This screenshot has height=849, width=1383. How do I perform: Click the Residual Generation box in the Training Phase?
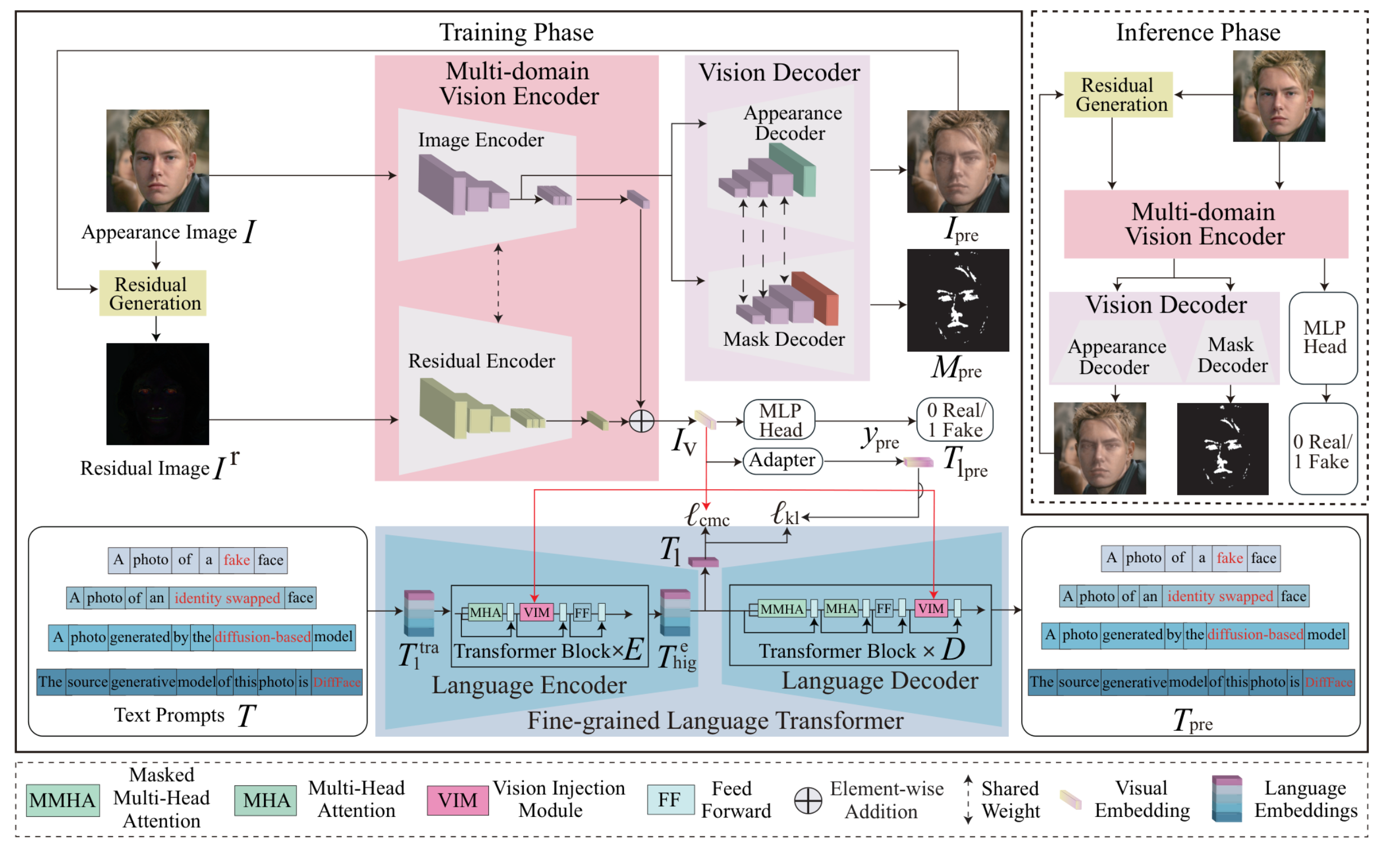pos(152,293)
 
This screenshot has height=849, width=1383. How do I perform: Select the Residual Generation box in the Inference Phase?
pos(1118,94)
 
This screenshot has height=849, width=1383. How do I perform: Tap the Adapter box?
pos(782,460)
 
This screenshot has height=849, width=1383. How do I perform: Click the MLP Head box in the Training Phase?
pos(779,420)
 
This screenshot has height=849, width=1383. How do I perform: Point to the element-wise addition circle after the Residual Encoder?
pos(641,421)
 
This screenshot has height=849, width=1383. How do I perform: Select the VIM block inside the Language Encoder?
pos(536,612)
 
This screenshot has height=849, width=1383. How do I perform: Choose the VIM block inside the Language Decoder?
pos(931,608)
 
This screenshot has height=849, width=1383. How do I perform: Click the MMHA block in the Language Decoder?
pos(782,608)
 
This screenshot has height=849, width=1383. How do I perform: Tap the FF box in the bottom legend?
pos(670,800)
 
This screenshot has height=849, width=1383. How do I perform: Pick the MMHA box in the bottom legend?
pos(63,800)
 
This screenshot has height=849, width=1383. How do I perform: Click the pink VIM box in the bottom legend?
pos(457,800)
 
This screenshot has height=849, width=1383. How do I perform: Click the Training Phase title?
pos(516,32)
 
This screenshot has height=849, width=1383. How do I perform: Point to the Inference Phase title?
pos(1198,32)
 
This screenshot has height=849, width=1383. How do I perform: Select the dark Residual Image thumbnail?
pos(158,394)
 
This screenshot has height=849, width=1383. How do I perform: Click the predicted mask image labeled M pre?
pos(958,300)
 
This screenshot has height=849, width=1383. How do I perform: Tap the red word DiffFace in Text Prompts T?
pos(336,682)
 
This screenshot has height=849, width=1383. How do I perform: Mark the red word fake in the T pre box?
pos(1229,558)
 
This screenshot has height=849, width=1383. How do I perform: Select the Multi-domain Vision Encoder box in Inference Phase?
pos(1206,224)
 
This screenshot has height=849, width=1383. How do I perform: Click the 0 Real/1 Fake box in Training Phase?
pos(954,420)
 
